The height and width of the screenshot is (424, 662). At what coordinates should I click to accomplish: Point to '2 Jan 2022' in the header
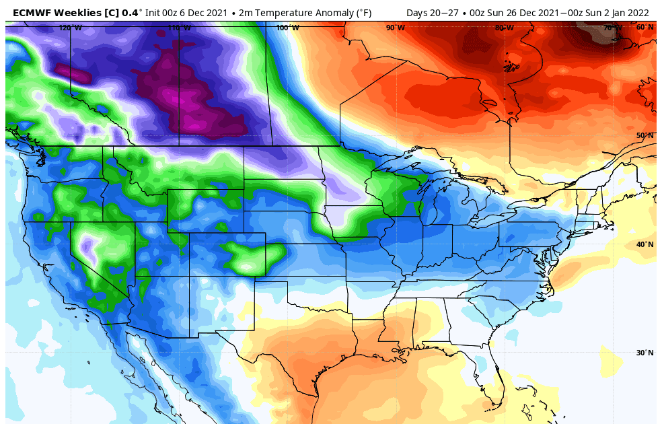626,11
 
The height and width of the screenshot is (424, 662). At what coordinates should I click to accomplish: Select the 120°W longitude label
70,28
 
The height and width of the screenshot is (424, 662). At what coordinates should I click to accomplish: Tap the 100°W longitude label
287,28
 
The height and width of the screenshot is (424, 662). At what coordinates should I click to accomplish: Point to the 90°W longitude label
396,28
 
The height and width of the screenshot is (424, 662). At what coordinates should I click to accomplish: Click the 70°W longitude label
613,28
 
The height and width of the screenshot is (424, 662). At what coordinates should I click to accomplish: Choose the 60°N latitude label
645,27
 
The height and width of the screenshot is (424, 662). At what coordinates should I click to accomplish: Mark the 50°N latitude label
645,135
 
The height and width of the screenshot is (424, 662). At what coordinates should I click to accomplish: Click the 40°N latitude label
645,244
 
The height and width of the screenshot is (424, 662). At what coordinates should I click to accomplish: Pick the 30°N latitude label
645,353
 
